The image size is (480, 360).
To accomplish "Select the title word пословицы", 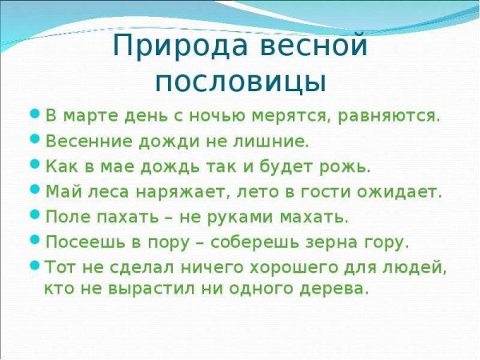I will point(240,82).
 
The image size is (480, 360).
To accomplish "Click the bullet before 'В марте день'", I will point(34,114).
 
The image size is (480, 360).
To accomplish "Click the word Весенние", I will point(82,141).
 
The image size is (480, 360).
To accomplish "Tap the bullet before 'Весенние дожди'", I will point(34,139).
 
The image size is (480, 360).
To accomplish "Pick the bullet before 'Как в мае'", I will point(34,165).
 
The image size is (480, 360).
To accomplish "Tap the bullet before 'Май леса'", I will point(34,190).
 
